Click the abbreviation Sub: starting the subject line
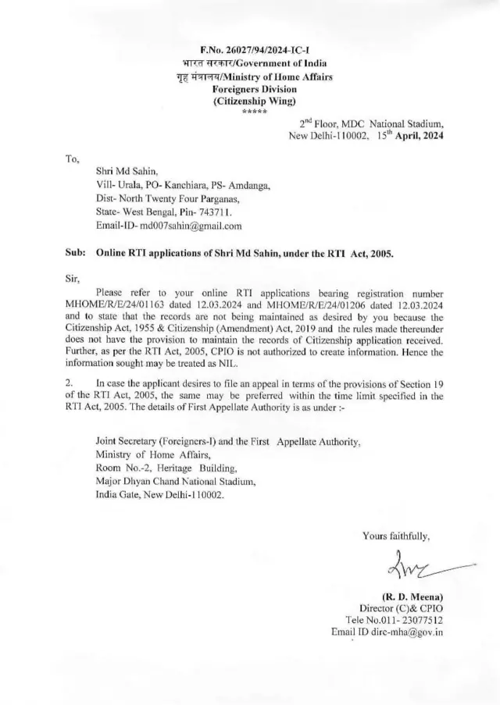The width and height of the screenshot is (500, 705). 76,254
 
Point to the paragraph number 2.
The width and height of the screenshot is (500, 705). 69,383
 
